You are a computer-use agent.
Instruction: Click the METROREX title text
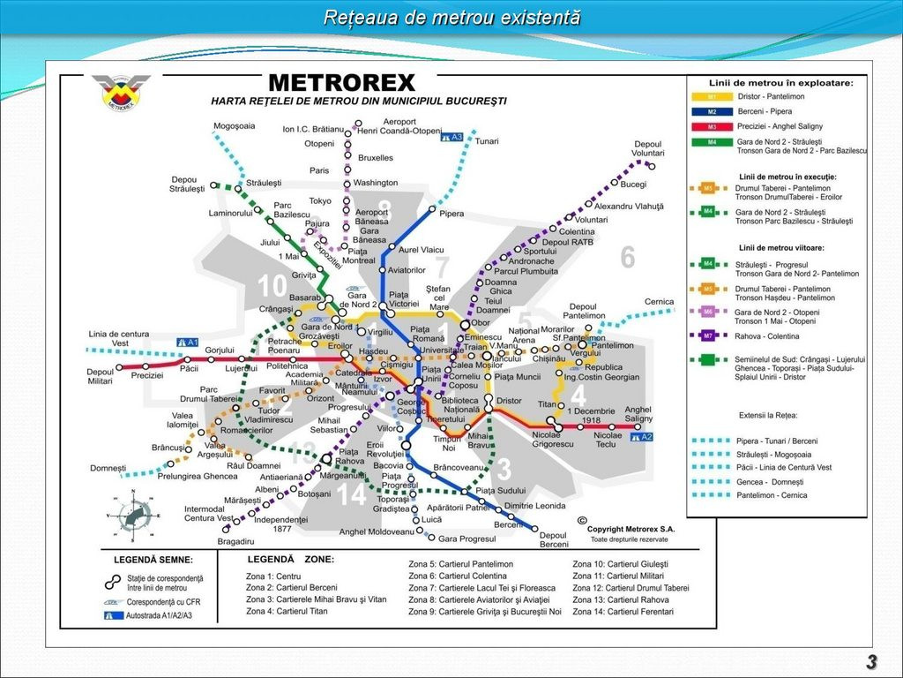click(x=341, y=83)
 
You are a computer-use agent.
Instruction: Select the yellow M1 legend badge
click(x=711, y=96)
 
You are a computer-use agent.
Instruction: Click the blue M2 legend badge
click(x=711, y=111)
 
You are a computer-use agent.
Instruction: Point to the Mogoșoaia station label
click(x=234, y=126)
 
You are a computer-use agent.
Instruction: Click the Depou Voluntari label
click(x=648, y=148)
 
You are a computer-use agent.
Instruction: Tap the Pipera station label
click(x=451, y=214)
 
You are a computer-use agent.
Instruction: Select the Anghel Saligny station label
click(x=638, y=414)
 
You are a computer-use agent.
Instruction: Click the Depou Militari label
click(x=101, y=376)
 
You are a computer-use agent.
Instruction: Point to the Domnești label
click(x=108, y=468)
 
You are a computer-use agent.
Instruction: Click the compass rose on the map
click(x=133, y=517)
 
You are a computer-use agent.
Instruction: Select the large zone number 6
click(x=627, y=257)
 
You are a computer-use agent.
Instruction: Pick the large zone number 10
click(x=272, y=286)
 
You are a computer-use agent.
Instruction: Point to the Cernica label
click(x=659, y=302)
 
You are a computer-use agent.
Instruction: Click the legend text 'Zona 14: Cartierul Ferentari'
click(x=630, y=611)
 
